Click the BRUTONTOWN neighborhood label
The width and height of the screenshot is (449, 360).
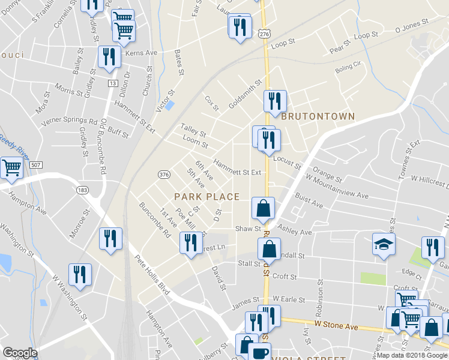pyautogui.click(x=318, y=116)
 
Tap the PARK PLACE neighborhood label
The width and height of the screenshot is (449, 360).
pyautogui.click(x=206, y=197)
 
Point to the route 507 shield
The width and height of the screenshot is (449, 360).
pyautogui.click(x=36, y=164)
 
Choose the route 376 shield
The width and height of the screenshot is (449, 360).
pyautogui.click(x=163, y=174)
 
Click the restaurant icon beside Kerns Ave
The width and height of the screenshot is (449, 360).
pyautogui.click(x=109, y=56)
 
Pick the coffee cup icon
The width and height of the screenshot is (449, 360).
pyautogui.click(x=259, y=352)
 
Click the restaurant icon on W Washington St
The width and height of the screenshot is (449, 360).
pyautogui.click(x=80, y=274)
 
